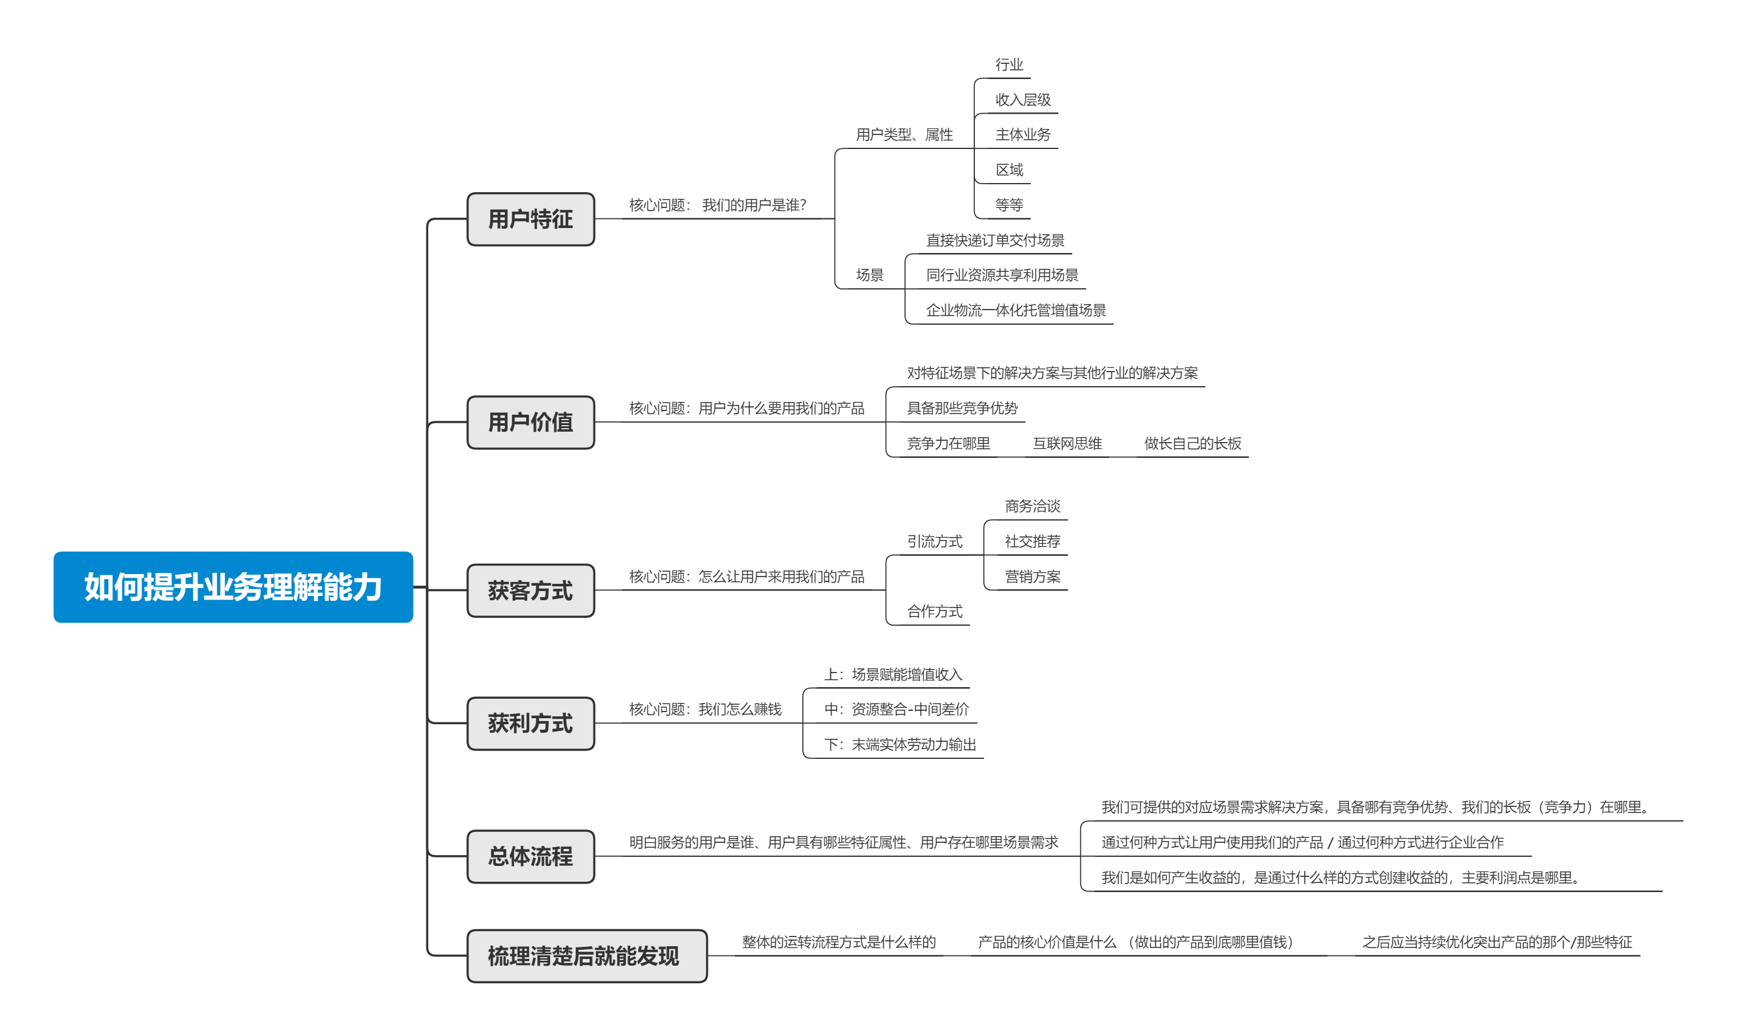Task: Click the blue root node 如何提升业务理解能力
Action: point(233,587)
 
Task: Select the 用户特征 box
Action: point(531,219)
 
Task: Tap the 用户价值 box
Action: point(531,422)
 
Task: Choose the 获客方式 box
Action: point(531,590)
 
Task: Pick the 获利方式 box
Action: point(531,723)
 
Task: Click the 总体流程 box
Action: point(531,856)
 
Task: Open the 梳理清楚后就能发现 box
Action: point(586,956)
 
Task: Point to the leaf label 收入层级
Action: point(1022,100)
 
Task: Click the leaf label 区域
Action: point(1009,170)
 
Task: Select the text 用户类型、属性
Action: point(904,134)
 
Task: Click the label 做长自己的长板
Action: point(1193,443)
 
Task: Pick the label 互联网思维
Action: point(1067,443)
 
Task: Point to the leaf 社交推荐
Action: point(1032,542)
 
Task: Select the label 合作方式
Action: point(934,612)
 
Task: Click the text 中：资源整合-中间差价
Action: point(896,709)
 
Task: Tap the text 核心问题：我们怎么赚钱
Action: point(705,709)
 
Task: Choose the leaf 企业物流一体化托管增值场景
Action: point(1015,310)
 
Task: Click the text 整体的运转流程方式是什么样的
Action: point(838,942)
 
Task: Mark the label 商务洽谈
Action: point(1032,507)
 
